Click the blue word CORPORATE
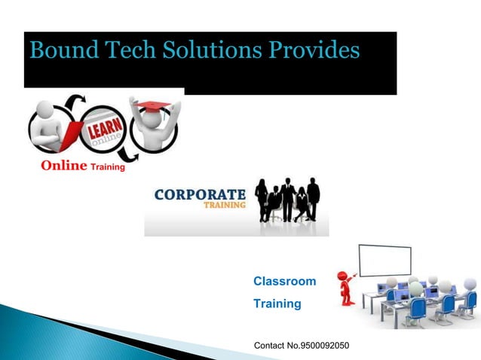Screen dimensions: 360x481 click(x=200, y=194)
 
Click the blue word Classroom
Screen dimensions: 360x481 click(x=284, y=281)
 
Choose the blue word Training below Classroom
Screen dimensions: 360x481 click(x=277, y=304)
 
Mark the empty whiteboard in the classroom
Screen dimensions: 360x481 click(x=389, y=261)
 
